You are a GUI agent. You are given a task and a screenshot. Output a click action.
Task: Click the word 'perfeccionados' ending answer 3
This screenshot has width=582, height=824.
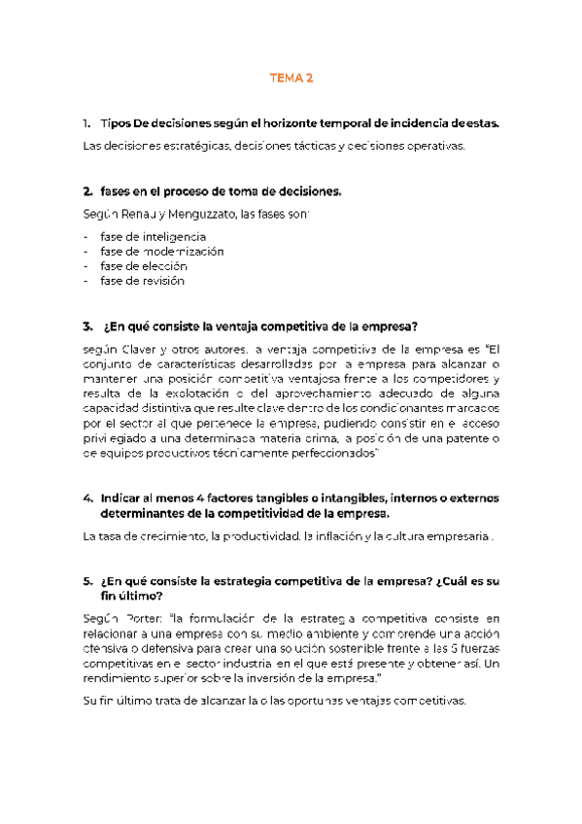329,454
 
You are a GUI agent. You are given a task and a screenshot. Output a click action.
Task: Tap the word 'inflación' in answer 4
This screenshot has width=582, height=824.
345,536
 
